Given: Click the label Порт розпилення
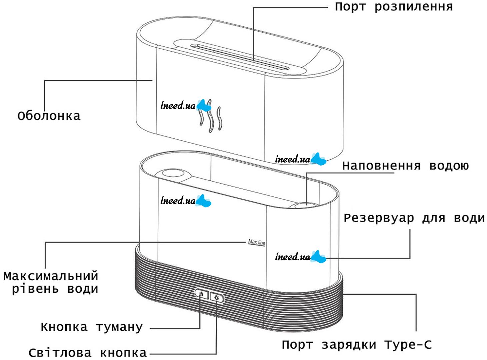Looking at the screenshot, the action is tap(394, 7).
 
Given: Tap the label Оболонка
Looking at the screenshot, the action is tap(49, 116).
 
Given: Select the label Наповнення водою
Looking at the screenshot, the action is tap(406, 166).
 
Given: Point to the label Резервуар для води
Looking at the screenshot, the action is tap(414, 218).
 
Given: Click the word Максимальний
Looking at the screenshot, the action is tap(51, 276).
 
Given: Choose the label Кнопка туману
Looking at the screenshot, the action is tap(92, 327).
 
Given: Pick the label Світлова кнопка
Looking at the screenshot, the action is tap(87, 353).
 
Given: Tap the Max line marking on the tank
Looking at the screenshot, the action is tap(256, 242).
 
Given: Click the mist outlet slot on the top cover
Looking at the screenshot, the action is tap(239, 56).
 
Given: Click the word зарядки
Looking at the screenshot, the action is tap(349, 345).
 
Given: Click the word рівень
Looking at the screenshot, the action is tap(35, 289).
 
